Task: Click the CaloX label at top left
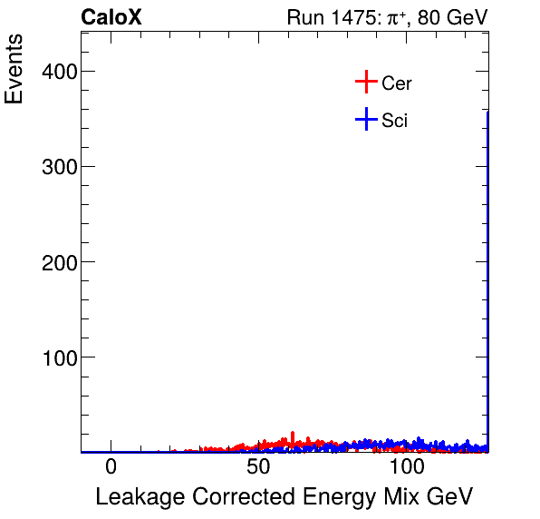coord(111,17)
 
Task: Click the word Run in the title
coord(304,17)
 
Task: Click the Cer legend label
coord(397,83)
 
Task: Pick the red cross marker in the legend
coord(365,83)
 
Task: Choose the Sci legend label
coord(394,121)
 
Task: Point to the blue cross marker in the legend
coord(365,120)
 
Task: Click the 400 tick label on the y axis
coord(58,72)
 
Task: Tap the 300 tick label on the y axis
coord(58,167)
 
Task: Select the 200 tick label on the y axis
coord(58,262)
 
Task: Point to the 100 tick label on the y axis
coord(58,357)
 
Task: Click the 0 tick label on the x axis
coord(111,467)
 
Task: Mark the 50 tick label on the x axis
coord(259,467)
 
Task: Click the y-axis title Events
coord(15,70)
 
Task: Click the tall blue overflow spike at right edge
coord(487,272)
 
